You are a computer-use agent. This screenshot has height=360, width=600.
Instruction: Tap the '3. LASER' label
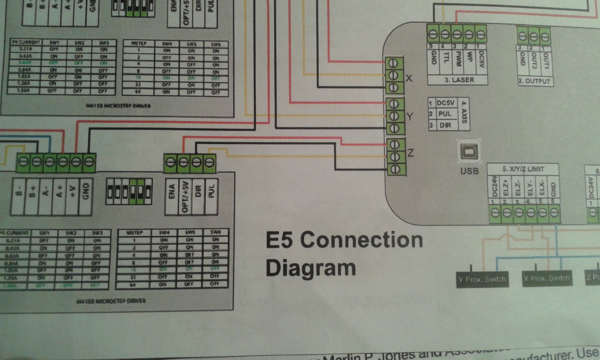coord(459,80)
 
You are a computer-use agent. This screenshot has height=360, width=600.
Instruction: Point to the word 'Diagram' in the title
coord(311,268)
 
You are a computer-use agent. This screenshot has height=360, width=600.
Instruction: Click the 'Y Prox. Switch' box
coord(482,279)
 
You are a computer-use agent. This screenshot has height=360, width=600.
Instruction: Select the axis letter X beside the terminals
coord(409,78)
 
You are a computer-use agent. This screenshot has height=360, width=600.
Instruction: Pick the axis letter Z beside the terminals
coord(410,153)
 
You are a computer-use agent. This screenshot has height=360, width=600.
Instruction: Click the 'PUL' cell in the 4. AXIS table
coord(445,114)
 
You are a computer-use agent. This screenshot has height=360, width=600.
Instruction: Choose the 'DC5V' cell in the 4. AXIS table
coord(445,103)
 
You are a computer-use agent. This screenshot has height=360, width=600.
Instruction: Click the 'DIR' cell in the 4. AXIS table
coord(445,125)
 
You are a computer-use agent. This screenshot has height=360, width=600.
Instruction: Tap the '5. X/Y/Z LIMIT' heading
coord(523,169)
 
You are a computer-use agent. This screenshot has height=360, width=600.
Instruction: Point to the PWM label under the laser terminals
coord(458,59)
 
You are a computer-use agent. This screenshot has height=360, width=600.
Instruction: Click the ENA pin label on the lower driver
coord(172,191)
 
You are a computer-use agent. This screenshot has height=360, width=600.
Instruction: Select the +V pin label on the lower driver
coord(73,191)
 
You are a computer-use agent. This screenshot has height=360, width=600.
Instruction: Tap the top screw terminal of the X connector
coord(393,63)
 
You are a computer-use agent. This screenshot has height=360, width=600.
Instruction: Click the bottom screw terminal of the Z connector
coord(395,169)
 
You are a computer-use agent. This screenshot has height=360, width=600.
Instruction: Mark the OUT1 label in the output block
coord(546,61)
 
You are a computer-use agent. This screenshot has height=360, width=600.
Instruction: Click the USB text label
coord(469,171)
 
